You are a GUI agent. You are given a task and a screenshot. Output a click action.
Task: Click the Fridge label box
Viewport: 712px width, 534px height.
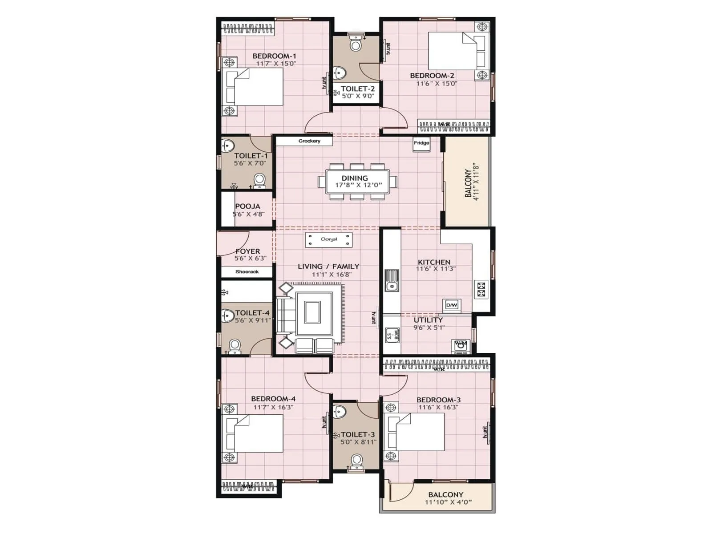pyautogui.click(x=421, y=143)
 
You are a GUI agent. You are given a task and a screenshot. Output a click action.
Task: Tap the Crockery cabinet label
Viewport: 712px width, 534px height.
pyautogui.click(x=309, y=141)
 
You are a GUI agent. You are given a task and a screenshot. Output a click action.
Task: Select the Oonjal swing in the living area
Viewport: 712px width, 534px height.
pyautogui.click(x=329, y=239)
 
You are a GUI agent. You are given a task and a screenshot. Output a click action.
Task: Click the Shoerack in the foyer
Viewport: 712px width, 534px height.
pyautogui.click(x=247, y=271)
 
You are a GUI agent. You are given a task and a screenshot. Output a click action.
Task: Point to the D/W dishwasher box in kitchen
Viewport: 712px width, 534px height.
pyautogui.click(x=451, y=305)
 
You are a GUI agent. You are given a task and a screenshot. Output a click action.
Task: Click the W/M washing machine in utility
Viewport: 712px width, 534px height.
pyautogui.click(x=461, y=345)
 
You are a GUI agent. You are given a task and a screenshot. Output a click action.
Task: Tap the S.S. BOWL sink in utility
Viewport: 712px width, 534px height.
pyautogui.click(x=392, y=335)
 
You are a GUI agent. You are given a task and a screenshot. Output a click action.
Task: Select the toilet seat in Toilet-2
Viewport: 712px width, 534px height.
pyautogui.click(x=356, y=44)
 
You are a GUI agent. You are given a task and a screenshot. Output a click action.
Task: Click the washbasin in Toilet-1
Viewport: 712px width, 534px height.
pyautogui.click(x=228, y=146)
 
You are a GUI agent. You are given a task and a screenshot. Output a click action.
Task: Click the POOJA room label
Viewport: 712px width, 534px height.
pyautogui.click(x=247, y=206)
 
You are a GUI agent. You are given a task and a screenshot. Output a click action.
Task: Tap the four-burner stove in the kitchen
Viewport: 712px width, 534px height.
pyautogui.click(x=481, y=289)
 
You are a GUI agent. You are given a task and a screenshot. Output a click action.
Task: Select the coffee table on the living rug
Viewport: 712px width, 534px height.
pyautogui.click(x=312, y=312)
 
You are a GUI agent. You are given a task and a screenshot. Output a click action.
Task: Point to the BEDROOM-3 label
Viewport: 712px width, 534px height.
pyautogui.click(x=438, y=400)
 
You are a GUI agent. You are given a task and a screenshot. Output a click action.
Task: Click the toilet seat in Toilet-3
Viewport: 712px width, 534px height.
pyautogui.click(x=356, y=461)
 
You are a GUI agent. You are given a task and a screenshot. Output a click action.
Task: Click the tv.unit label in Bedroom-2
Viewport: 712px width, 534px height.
pyautogui.click(x=388, y=49)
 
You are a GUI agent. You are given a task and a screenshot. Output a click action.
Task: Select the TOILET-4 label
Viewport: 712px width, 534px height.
pyautogui.click(x=252, y=313)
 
